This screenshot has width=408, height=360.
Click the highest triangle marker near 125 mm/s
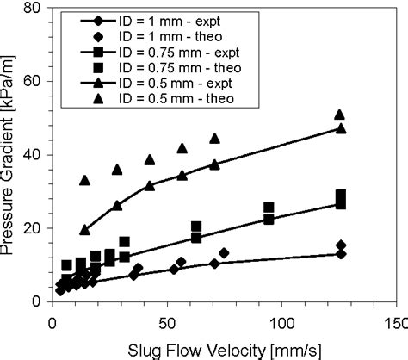click(x=340, y=115)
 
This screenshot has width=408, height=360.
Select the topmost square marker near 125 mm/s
click(x=341, y=196)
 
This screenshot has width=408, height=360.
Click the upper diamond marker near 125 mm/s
click(x=341, y=245)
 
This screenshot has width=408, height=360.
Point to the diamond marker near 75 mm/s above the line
click(x=224, y=253)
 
